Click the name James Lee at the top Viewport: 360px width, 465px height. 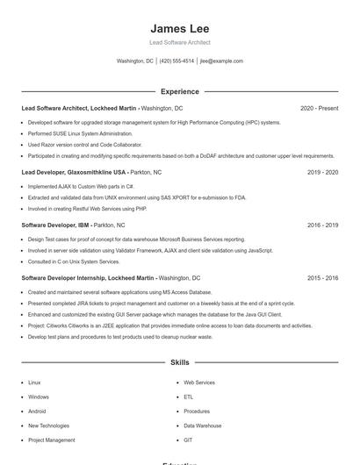point(180,29)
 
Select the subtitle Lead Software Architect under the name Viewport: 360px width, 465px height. point(180,42)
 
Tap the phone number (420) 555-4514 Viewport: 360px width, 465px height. point(176,61)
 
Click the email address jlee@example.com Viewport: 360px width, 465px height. point(221,61)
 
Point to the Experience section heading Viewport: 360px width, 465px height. point(180,91)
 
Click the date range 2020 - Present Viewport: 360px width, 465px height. point(319,108)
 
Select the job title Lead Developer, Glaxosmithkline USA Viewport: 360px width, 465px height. point(74,173)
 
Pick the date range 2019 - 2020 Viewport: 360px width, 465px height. point(322,173)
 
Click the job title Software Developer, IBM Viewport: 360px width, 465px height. point(55,225)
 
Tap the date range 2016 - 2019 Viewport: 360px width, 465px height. point(322,225)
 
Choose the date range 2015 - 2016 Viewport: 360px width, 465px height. point(322,277)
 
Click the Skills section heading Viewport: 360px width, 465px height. point(180,361)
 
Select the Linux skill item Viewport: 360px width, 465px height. point(34,383)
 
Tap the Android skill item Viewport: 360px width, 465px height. point(37,411)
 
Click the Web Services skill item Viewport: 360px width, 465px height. point(198,383)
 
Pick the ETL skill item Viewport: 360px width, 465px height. point(188,397)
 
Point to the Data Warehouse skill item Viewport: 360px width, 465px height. point(202,426)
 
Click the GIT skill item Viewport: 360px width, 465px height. point(188,440)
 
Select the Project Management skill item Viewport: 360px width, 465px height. point(51,440)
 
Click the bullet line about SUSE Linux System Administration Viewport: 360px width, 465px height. point(80,133)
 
